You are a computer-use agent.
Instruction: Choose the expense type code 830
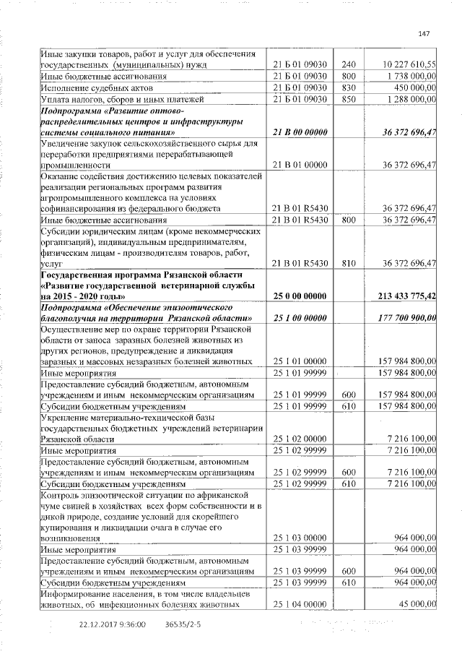349,87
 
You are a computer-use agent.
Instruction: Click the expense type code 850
349,98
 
